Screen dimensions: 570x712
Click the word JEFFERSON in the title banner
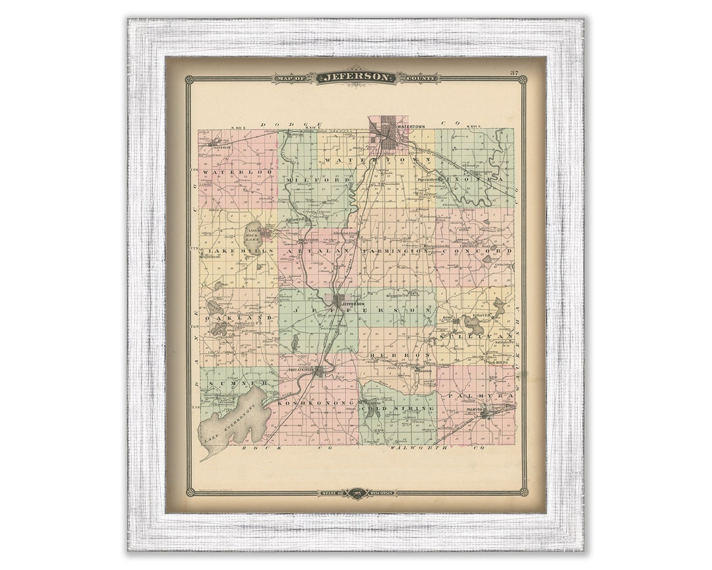pos(357,77)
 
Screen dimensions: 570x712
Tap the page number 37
pos(514,72)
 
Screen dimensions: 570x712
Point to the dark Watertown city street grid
pos(388,136)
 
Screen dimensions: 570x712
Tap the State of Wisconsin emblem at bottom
pos(357,492)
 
